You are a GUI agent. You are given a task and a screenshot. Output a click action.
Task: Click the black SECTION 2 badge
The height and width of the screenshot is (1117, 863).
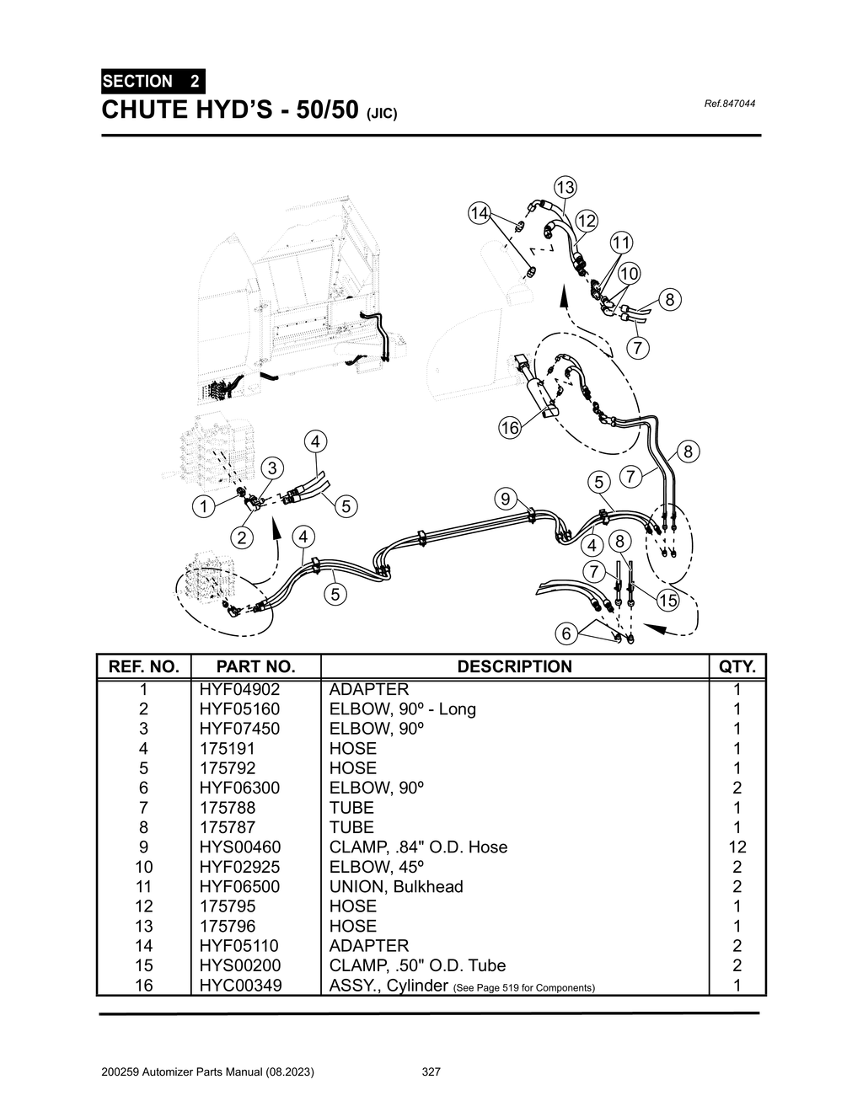[152, 82]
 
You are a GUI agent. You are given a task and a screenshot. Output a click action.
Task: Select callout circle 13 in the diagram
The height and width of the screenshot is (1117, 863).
[564, 187]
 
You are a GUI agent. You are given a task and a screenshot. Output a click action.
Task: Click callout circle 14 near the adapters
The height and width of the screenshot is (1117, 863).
[479, 213]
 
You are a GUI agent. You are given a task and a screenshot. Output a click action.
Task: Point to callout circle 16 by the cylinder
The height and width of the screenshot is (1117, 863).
[510, 428]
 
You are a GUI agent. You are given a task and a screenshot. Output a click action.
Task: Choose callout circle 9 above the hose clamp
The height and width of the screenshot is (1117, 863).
[505, 499]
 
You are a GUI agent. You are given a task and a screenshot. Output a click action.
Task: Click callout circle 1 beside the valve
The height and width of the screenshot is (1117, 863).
[202, 507]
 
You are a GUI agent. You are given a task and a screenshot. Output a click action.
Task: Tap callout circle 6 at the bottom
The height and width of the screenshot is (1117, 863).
[566, 633]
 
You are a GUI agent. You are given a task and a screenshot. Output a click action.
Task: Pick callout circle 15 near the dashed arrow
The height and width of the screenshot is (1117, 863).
[667, 601]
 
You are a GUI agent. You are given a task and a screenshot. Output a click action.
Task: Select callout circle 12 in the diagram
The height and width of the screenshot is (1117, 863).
[587, 222]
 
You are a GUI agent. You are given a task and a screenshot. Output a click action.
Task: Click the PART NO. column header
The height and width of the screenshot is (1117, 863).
[256, 666]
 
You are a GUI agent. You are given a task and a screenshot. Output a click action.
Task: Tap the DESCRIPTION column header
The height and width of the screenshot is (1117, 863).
[514, 666]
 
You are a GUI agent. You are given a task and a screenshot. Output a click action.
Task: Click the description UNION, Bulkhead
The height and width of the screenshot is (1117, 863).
[396, 886]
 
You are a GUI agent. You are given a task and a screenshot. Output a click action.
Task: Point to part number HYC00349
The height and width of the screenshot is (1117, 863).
[240, 985]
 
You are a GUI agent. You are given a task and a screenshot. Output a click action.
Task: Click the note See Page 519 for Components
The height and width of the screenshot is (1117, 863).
[524, 987]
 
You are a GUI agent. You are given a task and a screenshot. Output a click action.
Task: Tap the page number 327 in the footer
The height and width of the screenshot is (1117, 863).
[431, 1072]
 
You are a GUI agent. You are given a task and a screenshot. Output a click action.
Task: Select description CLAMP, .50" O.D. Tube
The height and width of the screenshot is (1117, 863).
[417, 965]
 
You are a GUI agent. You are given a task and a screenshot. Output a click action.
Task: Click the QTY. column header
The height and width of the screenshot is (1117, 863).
[737, 666]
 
